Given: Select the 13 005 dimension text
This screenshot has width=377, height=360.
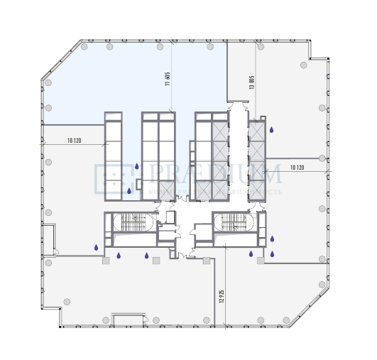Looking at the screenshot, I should pyautogui.click(x=251, y=81).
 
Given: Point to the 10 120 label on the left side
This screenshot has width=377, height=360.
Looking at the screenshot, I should pyautogui.click(x=75, y=141).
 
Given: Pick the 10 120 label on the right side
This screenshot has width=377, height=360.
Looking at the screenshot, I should pyautogui.click(x=297, y=168).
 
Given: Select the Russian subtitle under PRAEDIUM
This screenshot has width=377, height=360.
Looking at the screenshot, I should pyautogui.click(x=213, y=192).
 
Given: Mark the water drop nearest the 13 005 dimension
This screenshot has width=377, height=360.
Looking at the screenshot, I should pyautogui.click(x=272, y=129).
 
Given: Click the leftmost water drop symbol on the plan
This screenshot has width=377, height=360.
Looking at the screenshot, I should pyautogui.click(x=97, y=248).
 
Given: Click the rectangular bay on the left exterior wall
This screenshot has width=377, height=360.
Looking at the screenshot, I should pyautogui.click(x=49, y=239).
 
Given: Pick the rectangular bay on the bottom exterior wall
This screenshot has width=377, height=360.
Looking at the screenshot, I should pyautogui.click(x=129, y=319).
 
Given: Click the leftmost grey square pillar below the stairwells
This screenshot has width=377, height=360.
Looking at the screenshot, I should pyautogui.click(x=106, y=261).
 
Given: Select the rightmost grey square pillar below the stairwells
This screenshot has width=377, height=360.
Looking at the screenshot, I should pyautogui.click(x=261, y=261).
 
